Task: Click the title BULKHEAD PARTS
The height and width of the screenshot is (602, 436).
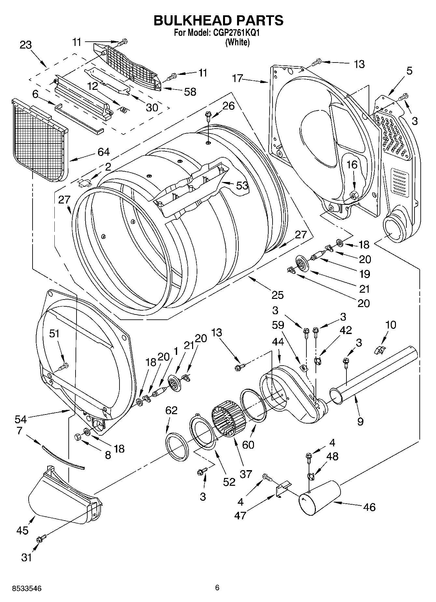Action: pyautogui.click(x=218, y=20)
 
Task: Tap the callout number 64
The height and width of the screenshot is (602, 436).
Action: pyautogui.click(x=103, y=152)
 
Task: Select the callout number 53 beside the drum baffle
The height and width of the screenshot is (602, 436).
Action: pyautogui.click(x=242, y=186)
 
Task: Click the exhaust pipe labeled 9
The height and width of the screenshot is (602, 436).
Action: pyautogui.click(x=374, y=371)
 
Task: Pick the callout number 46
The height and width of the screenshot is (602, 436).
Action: pyautogui.click(x=369, y=507)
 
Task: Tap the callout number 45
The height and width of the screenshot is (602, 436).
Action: pyautogui.click(x=22, y=530)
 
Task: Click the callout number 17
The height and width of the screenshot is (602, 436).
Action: pyautogui.click(x=238, y=78)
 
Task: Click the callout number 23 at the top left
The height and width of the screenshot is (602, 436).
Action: pyautogui.click(x=26, y=45)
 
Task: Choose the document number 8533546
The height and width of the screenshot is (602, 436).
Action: pyautogui.click(x=26, y=589)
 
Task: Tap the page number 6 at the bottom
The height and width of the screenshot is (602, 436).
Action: pyautogui.click(x=217, y=588)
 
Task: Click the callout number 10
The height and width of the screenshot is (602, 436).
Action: pyautogui.click(x=390, y=325)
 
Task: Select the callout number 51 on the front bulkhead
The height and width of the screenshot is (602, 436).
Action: pyautogui.click(x=54, y=333)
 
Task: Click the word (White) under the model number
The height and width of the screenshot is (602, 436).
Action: pyautogui.click(x=237, y=42)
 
